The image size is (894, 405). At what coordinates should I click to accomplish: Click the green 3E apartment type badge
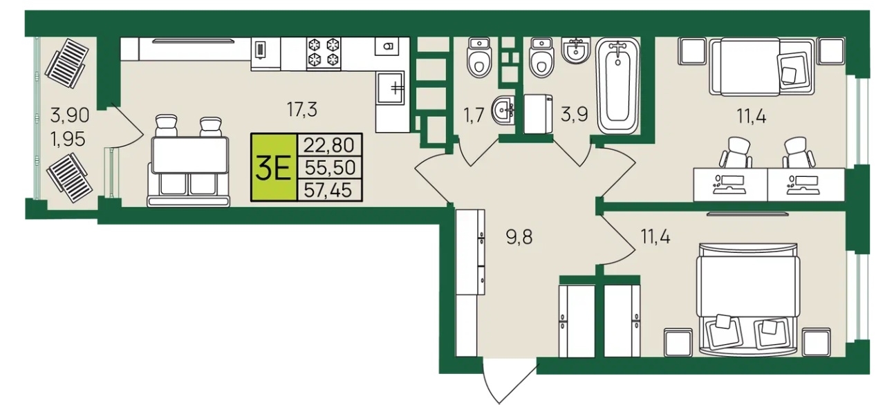[274, 167]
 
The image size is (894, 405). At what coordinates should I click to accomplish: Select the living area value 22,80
[329, 145]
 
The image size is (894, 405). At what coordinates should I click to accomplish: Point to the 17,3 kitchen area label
[302, 109]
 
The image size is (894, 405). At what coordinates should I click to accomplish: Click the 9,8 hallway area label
[519, 238]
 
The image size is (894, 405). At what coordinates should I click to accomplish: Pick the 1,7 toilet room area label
[474, 115]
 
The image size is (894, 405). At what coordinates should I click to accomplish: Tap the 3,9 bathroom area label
[575, 115]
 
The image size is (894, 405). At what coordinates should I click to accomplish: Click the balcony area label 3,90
[70, 115]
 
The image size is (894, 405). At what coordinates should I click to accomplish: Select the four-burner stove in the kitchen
[324, 53]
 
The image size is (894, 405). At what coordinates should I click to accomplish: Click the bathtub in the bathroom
[618, 86]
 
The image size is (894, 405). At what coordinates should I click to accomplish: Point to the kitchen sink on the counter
[391, 87]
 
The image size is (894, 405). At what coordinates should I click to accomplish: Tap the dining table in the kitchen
[190, 156]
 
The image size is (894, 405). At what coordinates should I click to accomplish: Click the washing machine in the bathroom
[539, 114]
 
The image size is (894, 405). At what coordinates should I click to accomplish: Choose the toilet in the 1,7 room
[479, 58]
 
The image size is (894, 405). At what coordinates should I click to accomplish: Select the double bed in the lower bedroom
[748, 299]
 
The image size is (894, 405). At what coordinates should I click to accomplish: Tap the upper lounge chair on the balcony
[66, 63]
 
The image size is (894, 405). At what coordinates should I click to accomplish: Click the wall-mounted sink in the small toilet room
[503, 110]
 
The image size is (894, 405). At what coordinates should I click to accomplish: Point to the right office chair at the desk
[798, 153]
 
